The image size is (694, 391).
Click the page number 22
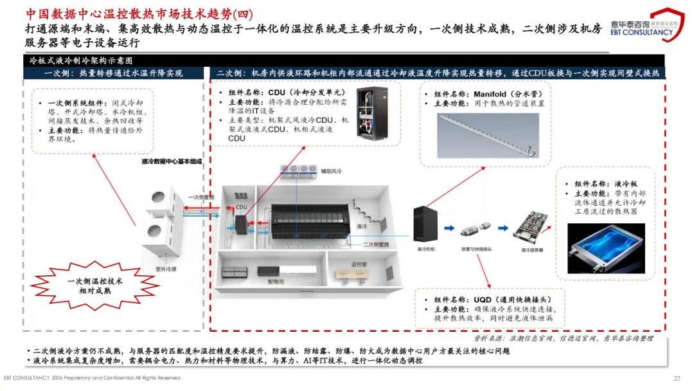676,377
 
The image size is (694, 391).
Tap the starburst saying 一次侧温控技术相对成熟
94,287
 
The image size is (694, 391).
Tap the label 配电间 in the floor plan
276,281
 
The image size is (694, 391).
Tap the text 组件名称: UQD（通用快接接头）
489,299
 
